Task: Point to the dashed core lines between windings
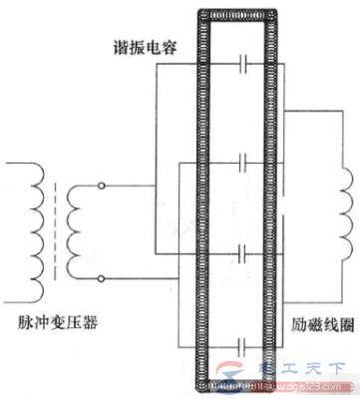tap(55, 229)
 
